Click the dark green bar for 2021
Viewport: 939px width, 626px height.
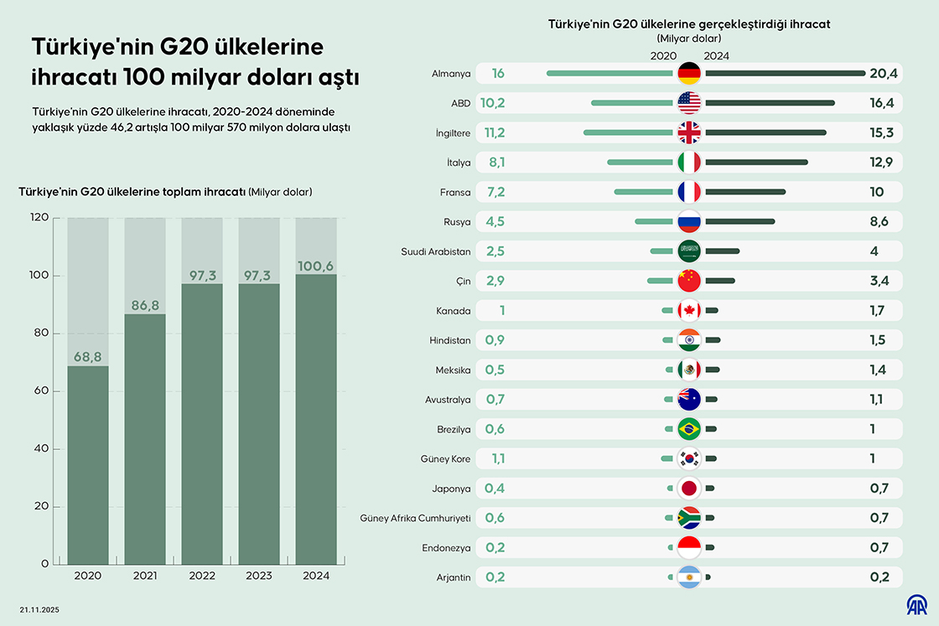point(145,438)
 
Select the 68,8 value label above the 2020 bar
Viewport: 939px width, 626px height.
point(88,357)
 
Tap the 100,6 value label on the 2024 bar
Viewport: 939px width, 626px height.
point(316,266)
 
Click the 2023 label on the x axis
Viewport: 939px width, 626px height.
point(259,576)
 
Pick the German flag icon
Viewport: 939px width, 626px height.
point(688,74)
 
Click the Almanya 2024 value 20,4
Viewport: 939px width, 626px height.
point(884,74)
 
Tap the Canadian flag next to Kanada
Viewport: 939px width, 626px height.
point(688,311)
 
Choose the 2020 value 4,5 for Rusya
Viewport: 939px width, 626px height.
point(495,222)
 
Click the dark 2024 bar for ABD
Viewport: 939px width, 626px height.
point(770,103)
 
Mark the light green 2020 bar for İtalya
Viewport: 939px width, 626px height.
point(641,163)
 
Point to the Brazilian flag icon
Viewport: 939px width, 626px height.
point(688,429)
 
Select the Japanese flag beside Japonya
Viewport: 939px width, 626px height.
point(688,489)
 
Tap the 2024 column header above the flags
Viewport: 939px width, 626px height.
point(716,56)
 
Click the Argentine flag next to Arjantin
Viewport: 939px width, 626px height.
point(688,577)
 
